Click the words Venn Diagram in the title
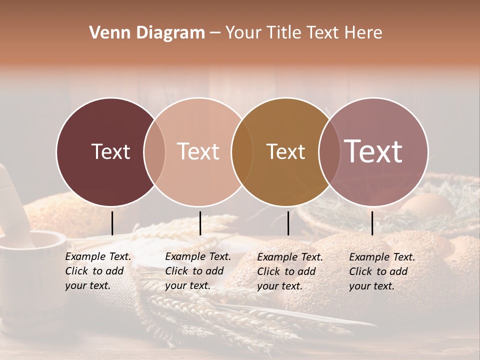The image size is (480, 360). (147, 32)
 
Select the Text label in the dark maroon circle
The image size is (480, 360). (110, 151)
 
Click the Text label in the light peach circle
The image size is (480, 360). (198, 151)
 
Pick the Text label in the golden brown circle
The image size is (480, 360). (285, 151)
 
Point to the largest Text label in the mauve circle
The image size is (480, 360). (373, 151)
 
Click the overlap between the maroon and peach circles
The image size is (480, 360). (154, 152)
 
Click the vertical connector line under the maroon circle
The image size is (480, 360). (112, 223)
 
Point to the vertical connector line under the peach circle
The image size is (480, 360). (200, 223)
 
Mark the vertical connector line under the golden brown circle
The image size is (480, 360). (288, 223)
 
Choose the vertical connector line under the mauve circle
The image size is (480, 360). (372, 223)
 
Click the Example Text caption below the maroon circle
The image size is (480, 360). (98, 271)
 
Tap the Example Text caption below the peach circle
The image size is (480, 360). (198, 271)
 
